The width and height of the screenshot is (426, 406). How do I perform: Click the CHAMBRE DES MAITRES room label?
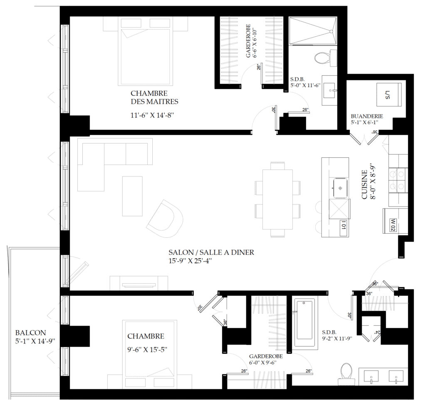pyautogui.click(x=154, y=97)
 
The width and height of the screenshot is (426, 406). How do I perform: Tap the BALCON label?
pyautogui.click(x=30, y=333)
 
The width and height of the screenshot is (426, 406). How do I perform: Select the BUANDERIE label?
pyautogui.click(x=367, y=116)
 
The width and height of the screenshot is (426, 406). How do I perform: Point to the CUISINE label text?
pyautogui.click(x=364, y=184)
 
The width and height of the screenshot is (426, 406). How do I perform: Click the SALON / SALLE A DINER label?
pyautogui.click(x=211, y=252)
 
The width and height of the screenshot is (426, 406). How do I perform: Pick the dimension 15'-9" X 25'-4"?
pyautogui.click(x=190, y=261)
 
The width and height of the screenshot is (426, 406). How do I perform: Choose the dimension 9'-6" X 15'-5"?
pyautogui.click(x=147, y=349)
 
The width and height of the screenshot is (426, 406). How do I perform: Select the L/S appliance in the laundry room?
pyautogui.click(x=389, y=95)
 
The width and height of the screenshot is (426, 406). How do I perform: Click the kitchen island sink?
pyautogui.click(x=340, y=188)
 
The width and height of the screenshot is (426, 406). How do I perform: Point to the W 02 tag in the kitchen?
pyautogui.click(x=393, y=225)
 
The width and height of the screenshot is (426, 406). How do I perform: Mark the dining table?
pyautogui.click(x=277, y=199)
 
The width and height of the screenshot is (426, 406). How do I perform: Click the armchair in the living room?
pyautogui.click(x=165, y=217)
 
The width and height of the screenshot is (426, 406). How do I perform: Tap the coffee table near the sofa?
pyautogui.click(x=132, y=196)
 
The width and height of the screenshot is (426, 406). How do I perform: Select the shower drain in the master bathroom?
pyautogui.click(x=331, y=31)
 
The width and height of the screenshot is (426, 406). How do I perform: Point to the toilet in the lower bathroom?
pyautogui.click(x=347, y=373)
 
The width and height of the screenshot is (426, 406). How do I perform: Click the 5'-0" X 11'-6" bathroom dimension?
pyautogui.click(x=305, y=85)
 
